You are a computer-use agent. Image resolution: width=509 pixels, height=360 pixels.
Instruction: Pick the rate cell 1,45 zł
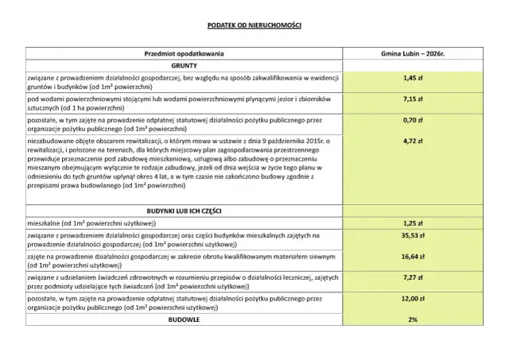click(x=411, y=79)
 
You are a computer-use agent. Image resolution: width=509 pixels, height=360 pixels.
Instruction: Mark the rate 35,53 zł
click(x=411, y=236)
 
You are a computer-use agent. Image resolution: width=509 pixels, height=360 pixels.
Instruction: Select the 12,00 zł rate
click(x=411, y=300)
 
